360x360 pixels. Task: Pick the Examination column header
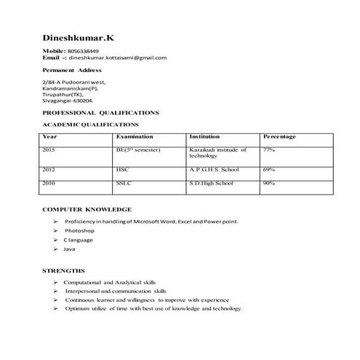tap(135, 137)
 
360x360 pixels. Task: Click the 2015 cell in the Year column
tap(49, 149)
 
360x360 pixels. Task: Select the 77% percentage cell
tap(268, 149)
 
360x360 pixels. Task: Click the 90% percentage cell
tap(268, 183)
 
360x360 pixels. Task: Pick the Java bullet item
tap(69, 249)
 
